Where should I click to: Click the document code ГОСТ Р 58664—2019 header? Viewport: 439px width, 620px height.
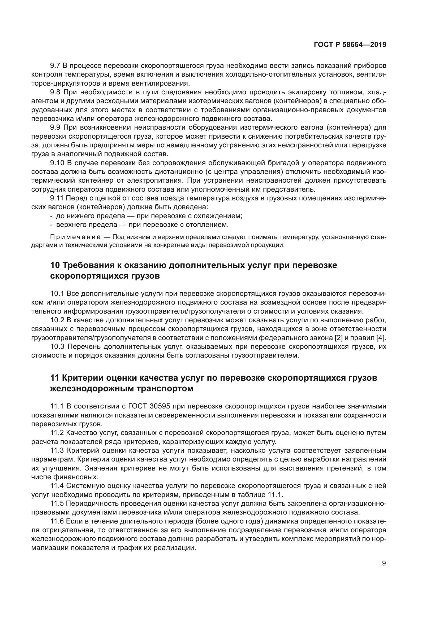click(x=350, y=45)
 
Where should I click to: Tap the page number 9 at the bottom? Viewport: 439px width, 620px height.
click(x=384, y=563)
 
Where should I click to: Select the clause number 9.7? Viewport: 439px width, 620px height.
click(x=55, y=66)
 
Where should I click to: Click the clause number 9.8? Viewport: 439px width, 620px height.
click(x=55, y=92)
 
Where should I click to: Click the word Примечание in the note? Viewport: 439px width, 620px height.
click(x=75, y=237)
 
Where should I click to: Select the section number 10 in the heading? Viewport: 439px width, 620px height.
click(x=55, y=265)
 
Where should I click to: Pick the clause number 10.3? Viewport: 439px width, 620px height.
click(x=57, y=346)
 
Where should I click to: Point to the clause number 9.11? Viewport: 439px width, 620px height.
click(x=57, y=198)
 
